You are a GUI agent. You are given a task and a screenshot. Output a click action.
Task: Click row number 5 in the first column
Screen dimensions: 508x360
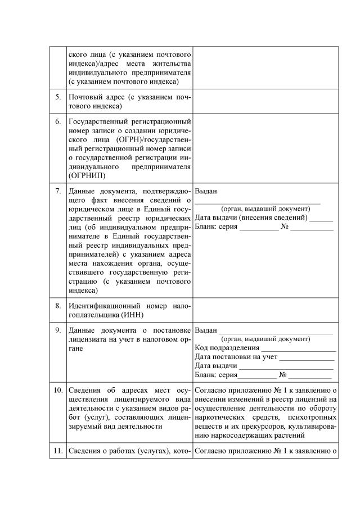click(x=58, y=97)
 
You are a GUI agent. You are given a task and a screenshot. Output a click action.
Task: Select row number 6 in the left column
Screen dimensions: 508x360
click(x=58, y=121)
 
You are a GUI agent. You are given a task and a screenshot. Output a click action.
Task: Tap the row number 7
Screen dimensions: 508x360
click(x=58, y=192)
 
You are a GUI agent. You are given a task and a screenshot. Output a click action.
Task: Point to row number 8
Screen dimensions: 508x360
click(x=58, y=306)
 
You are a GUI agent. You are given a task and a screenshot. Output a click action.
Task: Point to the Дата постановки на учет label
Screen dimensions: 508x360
click(x=236, y=357)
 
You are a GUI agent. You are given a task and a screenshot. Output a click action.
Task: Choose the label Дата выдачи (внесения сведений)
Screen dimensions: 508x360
click(x=251, y=217)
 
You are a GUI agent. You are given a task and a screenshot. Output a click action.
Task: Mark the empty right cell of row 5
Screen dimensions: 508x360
click(x=265, y=101)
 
